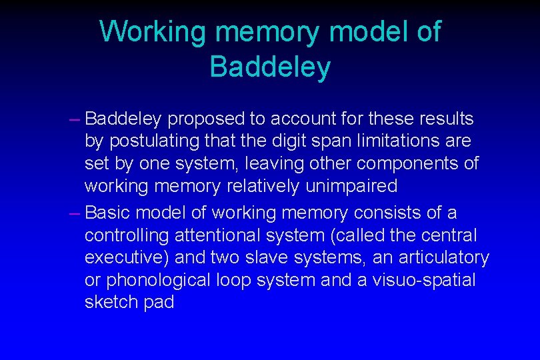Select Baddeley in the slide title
coord(269,67)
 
